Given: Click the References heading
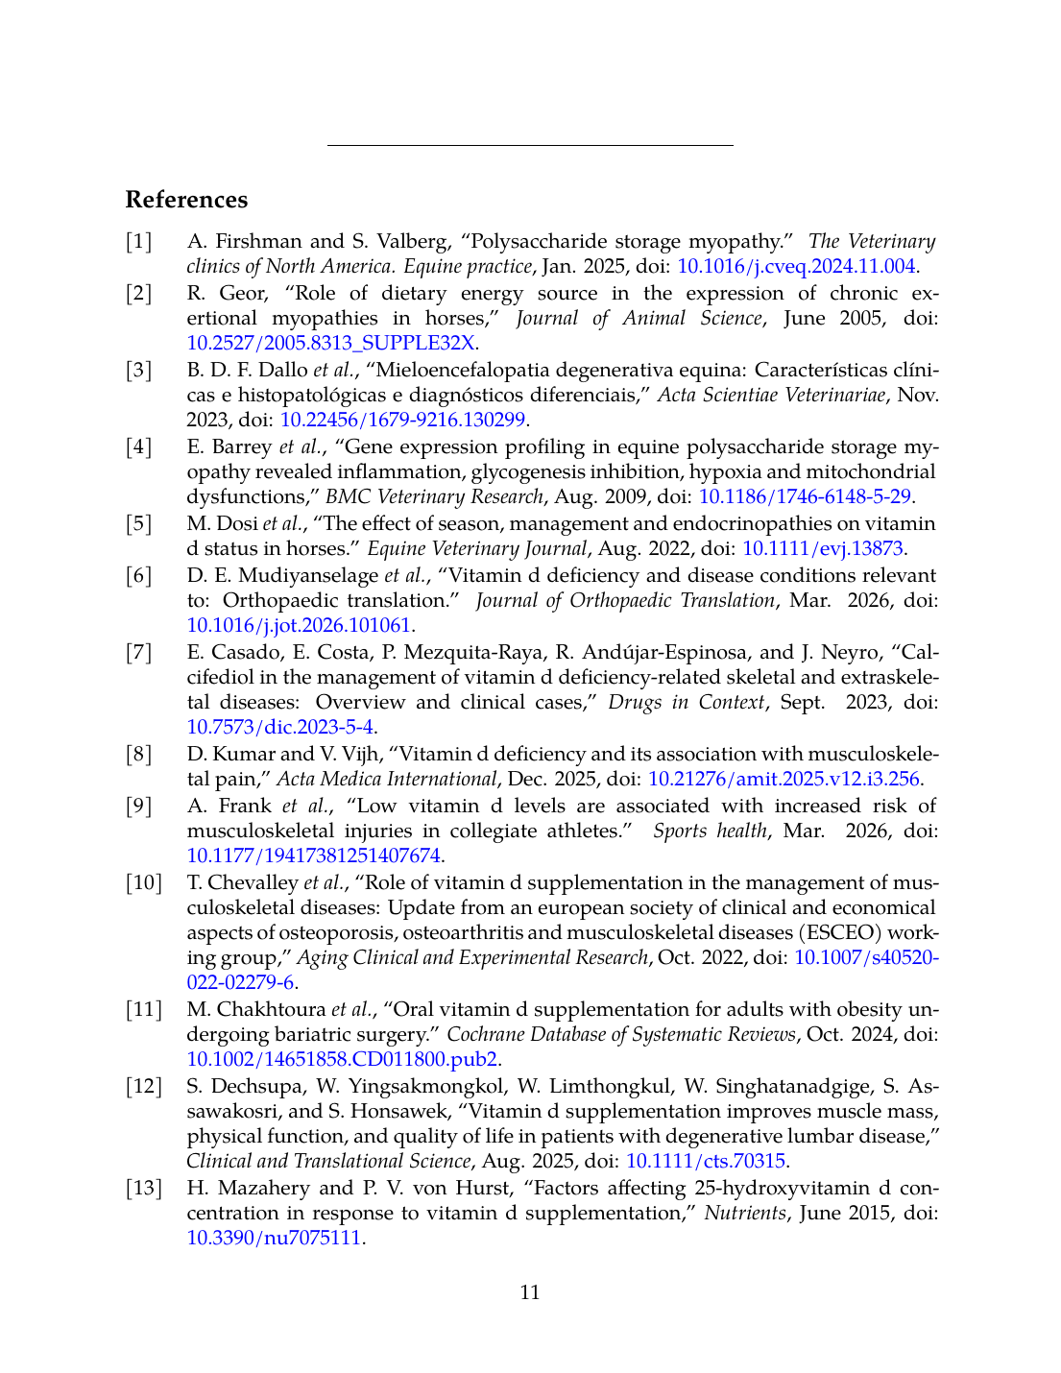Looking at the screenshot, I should [x=186, y=200].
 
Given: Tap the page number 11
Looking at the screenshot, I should [x=530, y=1292].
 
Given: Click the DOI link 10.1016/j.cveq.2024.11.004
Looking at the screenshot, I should [x=797, y=266].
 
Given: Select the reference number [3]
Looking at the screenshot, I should [x=139, y=370].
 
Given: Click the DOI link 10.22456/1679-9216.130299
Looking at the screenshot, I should [x=402, y=420].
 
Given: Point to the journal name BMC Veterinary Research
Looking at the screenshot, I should [x=434, y=496].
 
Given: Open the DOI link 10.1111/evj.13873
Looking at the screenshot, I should [x=823, y=548].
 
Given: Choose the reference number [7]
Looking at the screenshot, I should [x=139, y=652].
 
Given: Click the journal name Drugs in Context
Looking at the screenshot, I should [x=686, y=702].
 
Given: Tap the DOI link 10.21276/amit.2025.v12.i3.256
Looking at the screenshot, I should [x=784, y=779].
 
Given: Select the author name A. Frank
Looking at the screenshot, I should [x=229, y=806].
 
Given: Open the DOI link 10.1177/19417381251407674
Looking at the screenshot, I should [x=313, y=855].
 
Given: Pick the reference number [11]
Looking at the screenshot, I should [x=143, y=1009].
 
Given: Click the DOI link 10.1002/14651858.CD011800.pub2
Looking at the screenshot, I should [x=342, y=1059].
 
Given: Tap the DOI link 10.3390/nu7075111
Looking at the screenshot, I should [x=274, y=1238].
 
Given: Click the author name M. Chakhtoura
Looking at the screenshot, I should [x=255, y=1009].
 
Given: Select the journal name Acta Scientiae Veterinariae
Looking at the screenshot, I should [x=771, y=395].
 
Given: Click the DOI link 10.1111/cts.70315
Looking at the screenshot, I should [x=706, y=1161].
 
